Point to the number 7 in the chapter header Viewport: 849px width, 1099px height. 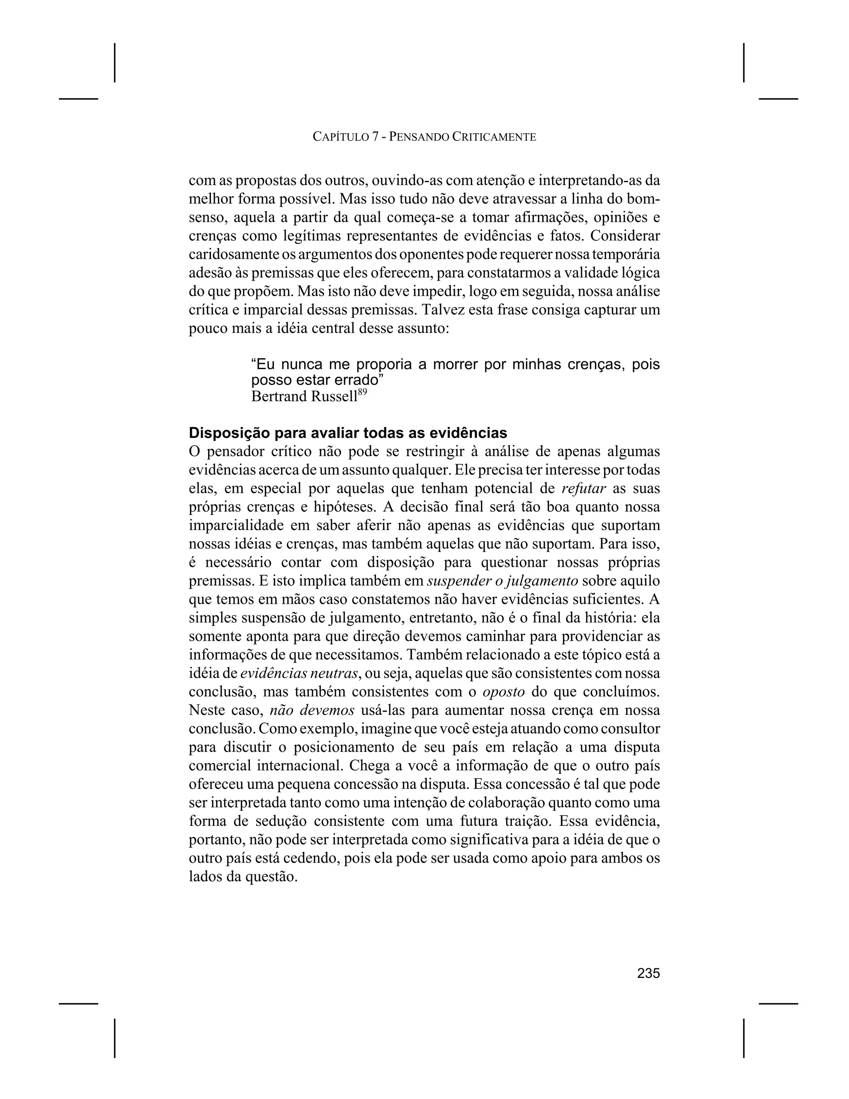coord(375,136)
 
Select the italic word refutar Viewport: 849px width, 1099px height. coord(583,489)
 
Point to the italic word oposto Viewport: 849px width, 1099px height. coord(503,692)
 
